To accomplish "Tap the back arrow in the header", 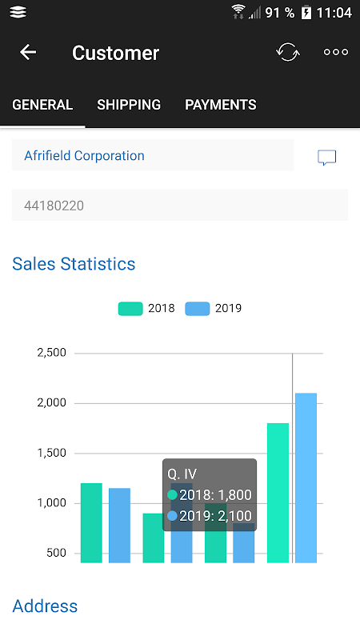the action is click(28, 52).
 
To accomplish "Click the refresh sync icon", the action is click(288, 52).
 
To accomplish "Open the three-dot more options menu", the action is click(336, 52).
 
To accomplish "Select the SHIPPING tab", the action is click(129, 105).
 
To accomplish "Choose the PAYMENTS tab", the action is click(221, 105).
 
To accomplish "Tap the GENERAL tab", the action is click(42, 105).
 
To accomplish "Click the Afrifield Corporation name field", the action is click(153, 155).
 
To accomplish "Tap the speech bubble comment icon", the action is click(327, 158).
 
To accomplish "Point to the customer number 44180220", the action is click(54, 206).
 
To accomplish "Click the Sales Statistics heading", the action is click(74, 264).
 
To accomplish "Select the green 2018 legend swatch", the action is click(130, 309).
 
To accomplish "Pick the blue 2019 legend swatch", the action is click(197, 309).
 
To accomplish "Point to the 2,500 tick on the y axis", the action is click(51, 353).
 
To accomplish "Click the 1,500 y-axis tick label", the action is click(51, 453).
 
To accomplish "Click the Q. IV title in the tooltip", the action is click(182, 474).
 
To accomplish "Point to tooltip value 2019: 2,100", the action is click(210, 516).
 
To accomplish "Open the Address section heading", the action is click(45, 606).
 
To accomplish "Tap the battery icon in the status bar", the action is click(306, 13).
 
